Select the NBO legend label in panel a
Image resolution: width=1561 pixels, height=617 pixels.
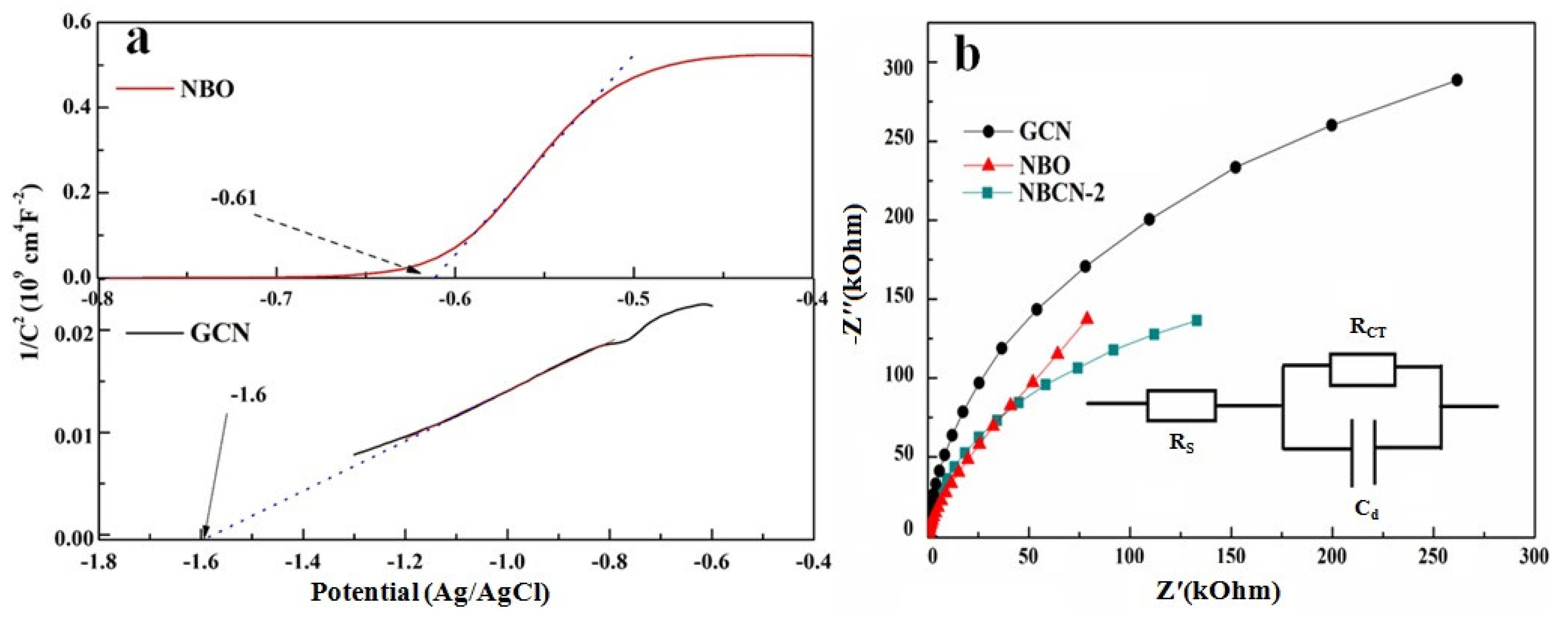coord(207,90)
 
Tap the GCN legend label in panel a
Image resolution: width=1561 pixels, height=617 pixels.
coord(220,333)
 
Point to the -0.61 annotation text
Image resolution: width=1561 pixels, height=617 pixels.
coord(234,198)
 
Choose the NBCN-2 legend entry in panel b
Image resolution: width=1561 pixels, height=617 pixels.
coord(1061,193)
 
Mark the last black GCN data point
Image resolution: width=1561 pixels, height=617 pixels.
coord(1457,80)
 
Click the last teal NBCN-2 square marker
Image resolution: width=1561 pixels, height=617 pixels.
coord(1196,321)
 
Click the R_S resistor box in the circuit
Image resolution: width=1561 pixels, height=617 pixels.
coord(1181,406)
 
